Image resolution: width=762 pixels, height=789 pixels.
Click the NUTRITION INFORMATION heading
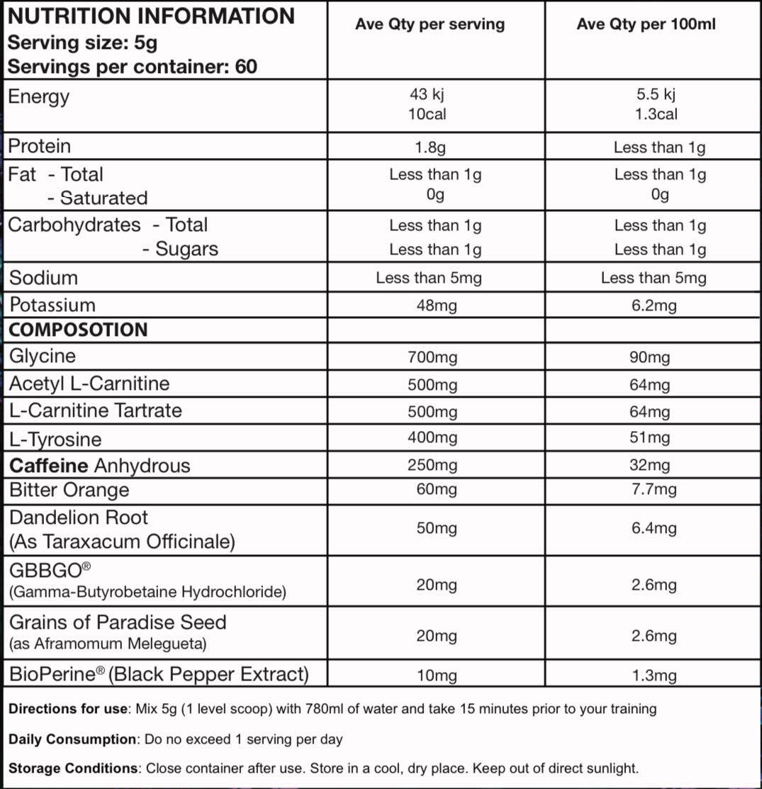(x=150, y=16)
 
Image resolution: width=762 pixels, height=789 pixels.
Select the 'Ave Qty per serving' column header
(x=430, y=24)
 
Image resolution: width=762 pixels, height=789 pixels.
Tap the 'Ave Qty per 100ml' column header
(x=646, y=24)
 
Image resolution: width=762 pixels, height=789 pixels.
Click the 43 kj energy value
(x=427, y=94)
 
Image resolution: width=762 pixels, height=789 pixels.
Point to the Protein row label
(x=39, y=146)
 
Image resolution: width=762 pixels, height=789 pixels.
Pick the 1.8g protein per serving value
(x=429, y=147)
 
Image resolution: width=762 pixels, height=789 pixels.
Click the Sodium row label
(x=43, y=277)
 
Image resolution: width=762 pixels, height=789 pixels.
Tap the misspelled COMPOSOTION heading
(x=78, y=330)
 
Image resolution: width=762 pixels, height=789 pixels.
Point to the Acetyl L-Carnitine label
(x=89, y=384)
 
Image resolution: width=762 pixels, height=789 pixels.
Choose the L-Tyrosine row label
(x=55, y=439)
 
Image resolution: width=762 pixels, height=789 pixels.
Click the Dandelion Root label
(x=79, y=517)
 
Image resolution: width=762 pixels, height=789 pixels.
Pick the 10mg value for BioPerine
(x=437, y=675)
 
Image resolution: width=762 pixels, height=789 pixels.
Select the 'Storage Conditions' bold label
(x=73, y=768)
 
